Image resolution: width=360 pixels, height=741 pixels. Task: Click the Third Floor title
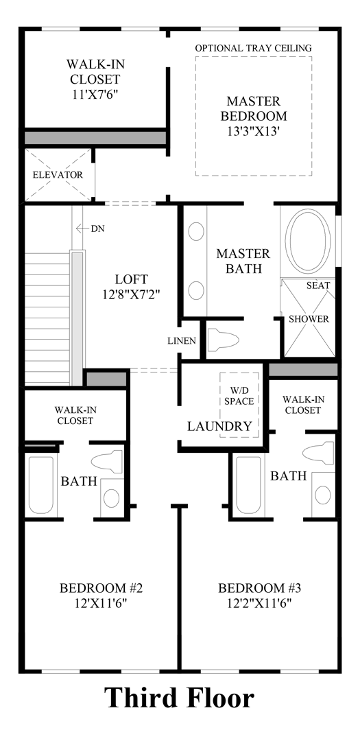179,698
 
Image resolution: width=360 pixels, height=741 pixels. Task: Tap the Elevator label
58,175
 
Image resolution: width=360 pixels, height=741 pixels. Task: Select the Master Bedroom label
253,108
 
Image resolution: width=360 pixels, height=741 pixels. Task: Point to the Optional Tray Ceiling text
253,48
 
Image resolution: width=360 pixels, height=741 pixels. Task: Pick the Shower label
309,319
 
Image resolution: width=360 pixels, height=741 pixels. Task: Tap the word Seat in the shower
318,285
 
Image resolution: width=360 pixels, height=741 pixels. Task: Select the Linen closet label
182,341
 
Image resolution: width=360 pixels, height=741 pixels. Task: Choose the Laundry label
219,426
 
